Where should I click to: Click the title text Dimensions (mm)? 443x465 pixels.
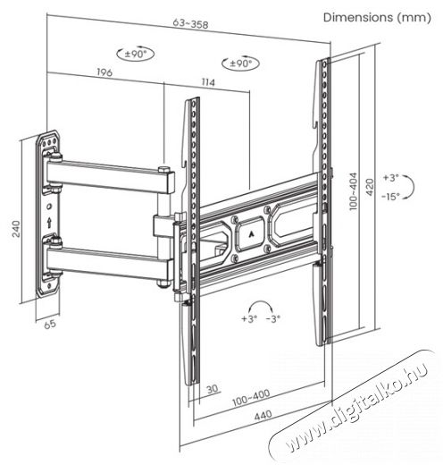point(377,18)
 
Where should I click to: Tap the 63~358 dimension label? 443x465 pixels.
point(190,24)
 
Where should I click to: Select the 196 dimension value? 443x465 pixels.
point(104,72)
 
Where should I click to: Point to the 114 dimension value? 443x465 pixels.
point(208,82)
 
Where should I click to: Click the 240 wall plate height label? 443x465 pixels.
point(16,229)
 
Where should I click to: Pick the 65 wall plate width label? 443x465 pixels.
point(50,324)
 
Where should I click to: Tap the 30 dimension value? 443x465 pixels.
point(213,389)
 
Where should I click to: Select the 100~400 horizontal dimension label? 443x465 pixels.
point(251,398)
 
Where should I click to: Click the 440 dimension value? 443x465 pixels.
point(263,415)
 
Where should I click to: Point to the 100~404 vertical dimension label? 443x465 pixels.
point(353,191)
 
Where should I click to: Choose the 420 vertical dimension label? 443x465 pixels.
point(370,187)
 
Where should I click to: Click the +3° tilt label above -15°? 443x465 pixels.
point(390,178)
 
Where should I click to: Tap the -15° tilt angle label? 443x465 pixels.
point(391,197)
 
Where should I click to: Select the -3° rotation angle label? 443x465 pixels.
point(273,318)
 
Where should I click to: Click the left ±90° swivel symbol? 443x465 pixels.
point(135,54)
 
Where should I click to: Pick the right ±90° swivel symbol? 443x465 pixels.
point(240,63)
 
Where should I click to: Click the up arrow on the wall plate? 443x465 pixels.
point(49,223)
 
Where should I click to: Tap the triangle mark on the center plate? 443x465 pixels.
point(250,234)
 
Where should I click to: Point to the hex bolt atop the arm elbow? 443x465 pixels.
point(163,169)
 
